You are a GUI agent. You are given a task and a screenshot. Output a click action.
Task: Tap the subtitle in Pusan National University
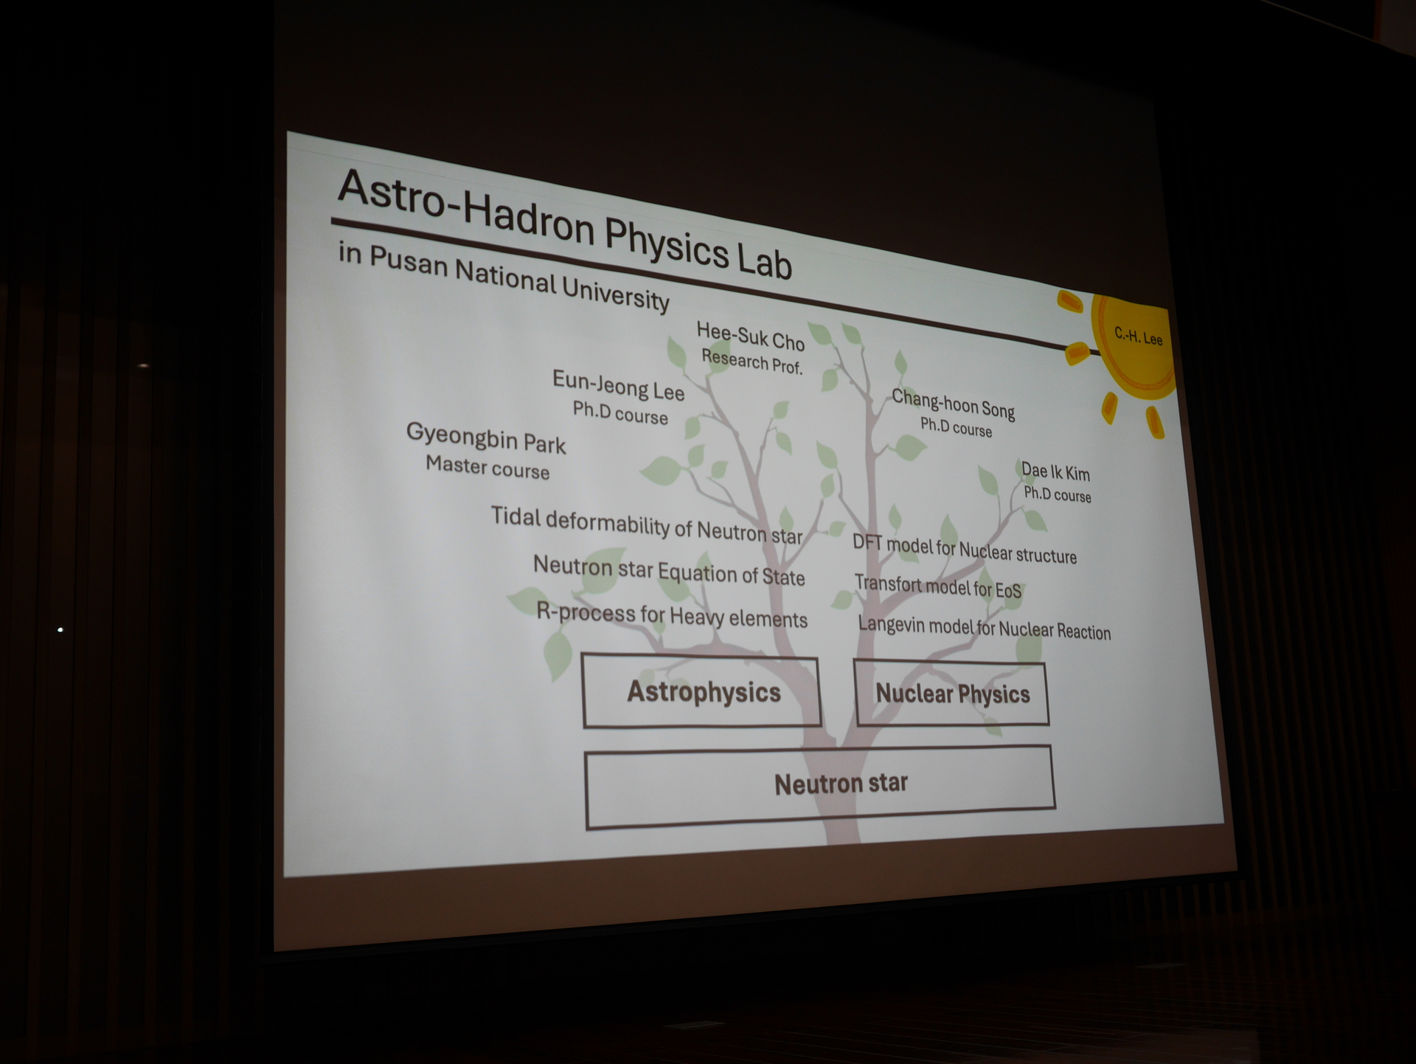[x=504, y=277]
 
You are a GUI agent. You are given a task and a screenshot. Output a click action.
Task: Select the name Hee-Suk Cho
[x=750, y=336]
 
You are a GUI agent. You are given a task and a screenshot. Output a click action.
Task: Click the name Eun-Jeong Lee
[x=618, y=385]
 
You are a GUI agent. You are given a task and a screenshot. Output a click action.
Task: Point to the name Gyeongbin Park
[x=485, y=438]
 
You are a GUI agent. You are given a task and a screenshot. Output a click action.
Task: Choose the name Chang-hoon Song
[x=953, y=404]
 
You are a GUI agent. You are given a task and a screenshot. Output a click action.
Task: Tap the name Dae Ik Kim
[x=1055, y=471]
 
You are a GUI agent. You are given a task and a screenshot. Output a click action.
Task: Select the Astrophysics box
[x=701, y=691]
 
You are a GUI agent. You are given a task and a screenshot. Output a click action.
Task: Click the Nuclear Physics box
[x=951, y=694]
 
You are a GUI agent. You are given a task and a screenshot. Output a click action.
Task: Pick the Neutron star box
[x=820, y=787]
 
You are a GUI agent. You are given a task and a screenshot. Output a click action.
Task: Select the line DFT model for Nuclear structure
[x=965, y=549]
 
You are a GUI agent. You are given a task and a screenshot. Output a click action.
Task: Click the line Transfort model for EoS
[x=938, y=587]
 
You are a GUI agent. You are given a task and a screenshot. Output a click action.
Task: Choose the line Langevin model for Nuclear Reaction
[x=985, y=628]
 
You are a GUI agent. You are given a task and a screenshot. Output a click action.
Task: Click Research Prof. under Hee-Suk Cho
[x=752, y=362]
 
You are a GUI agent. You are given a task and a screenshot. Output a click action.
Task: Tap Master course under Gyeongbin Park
[x=487, y=467]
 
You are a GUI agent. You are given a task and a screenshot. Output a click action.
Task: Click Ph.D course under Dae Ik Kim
[x=1057, y=494]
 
